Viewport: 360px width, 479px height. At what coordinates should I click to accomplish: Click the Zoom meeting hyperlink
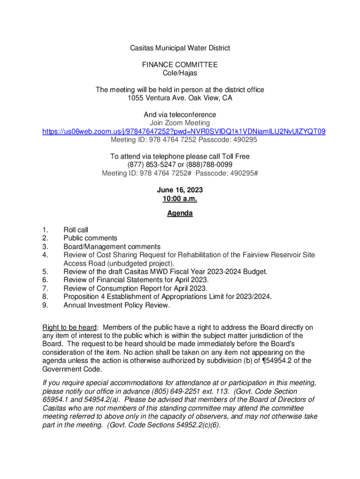pos(184,131)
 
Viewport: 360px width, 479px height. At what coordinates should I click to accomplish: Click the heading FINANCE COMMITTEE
pos(180,65)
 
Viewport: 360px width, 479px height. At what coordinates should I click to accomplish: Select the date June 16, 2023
pos(180,190)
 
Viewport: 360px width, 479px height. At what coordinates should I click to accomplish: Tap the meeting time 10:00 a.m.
pos(180,198)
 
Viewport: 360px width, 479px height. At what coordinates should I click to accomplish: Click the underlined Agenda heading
pos(180,214)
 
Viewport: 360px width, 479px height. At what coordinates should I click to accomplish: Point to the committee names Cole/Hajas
pos(180,73)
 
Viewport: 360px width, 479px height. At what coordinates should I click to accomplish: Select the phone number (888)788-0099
pos(209,165)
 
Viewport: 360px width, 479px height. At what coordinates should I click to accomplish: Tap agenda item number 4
pos(45,255)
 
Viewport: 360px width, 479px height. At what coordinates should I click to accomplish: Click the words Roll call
pos(76,230)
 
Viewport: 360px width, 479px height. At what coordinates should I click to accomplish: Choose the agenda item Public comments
pos(90,238)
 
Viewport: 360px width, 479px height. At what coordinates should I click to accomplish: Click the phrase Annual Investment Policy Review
pos(116,305)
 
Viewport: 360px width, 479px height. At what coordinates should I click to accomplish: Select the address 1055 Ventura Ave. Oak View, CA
pos(180,98)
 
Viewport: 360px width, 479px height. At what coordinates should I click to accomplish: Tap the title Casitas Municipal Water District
pos(180,48)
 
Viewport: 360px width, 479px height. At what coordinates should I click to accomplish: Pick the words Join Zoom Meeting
pos(180,123)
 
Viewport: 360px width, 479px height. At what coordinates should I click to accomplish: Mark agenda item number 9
pos(45,305)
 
